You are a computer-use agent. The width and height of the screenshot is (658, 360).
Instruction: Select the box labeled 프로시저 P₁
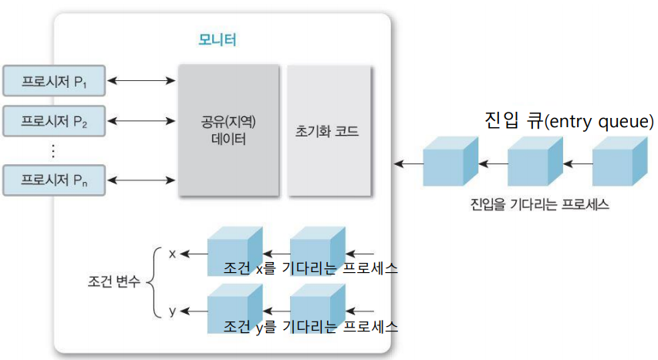54,80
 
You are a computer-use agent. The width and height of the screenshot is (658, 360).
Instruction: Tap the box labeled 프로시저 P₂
54,120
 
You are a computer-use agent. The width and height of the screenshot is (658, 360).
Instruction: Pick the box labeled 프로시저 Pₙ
54,180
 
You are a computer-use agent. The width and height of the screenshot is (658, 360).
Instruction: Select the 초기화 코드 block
327,131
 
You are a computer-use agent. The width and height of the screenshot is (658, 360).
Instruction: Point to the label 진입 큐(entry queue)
569,121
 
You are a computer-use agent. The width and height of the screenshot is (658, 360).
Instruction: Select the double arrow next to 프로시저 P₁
141,79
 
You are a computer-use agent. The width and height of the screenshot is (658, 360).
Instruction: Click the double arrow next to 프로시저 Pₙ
141,180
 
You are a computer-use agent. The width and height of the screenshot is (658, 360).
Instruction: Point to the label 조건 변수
114,282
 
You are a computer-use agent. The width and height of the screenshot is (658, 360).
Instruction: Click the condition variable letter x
172,253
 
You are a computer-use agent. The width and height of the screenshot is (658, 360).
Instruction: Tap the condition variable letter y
172,311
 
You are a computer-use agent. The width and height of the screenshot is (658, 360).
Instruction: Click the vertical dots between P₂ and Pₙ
53,150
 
